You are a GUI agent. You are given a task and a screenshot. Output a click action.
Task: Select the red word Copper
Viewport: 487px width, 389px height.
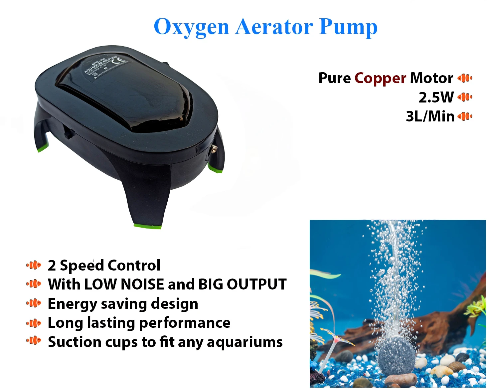pyautogui.click(x=380, y=78)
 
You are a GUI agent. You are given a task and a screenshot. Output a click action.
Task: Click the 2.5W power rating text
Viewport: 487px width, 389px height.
pyautogui.click(x=436, y=97)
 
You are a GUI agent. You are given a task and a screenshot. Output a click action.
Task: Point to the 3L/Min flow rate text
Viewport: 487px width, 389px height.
pyautogui.click(x=430, y=116)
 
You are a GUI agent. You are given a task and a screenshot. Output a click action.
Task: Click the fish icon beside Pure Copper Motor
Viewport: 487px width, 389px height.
pyautogui.click(x=465, y=78)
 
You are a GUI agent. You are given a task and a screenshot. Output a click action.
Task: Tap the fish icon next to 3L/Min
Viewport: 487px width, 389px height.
pyautogui.click(x=465, y=116)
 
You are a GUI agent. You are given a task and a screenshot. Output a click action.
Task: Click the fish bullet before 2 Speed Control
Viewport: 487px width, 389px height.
pyautogui.click(x=34, y=265)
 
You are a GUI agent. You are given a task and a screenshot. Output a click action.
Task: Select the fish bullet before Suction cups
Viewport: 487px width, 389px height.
pyautogui.click(x=34, y=341)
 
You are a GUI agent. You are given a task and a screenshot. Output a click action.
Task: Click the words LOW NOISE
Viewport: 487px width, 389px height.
pyautogui.click(x=124, y=285)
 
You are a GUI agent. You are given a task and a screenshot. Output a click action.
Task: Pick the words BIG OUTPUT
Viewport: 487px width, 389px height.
pyautogui.click(x=242, y=285)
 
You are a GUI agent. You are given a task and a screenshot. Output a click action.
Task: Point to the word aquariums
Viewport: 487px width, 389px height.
pyautogui.click(x=244, y=342)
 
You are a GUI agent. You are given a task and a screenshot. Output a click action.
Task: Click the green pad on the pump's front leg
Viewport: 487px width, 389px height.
pyautogui.click(x=148, y=227)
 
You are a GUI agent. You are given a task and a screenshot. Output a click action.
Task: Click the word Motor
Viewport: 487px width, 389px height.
pyautogui.click(x=431, y=78)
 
